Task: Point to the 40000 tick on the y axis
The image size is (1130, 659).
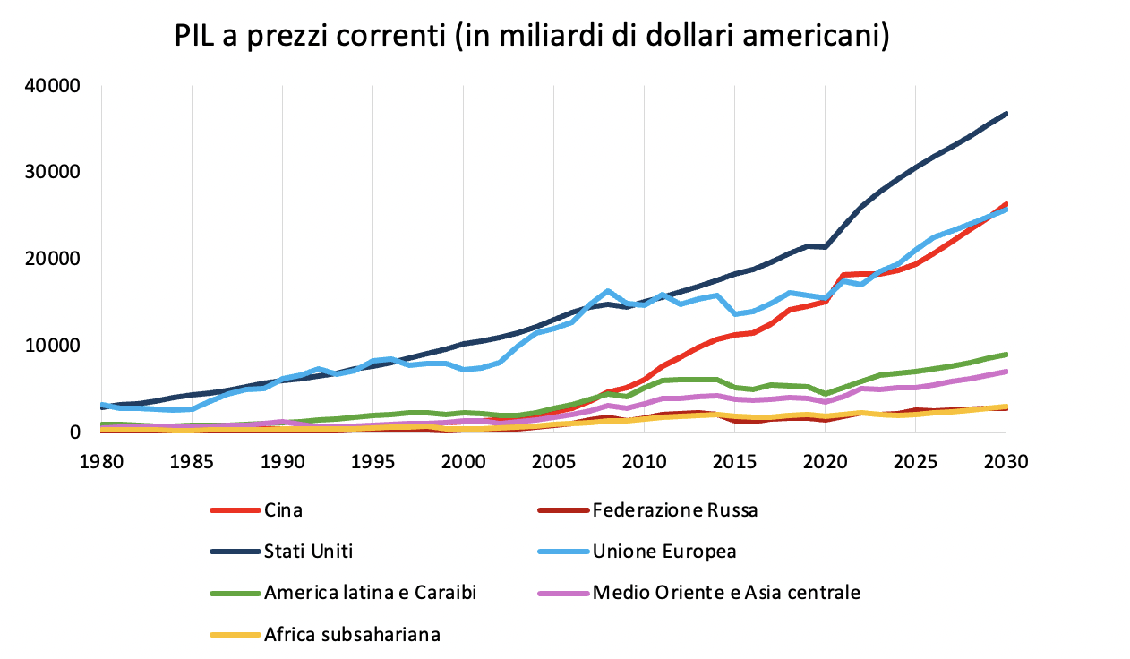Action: [56, 87]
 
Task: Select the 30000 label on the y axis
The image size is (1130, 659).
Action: [56, 173]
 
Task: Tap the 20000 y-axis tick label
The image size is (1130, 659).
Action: [56, 260]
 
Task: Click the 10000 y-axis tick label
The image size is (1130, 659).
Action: [56, 346]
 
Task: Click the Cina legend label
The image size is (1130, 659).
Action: [283, 511]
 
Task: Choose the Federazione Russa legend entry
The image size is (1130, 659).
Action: [674, 511]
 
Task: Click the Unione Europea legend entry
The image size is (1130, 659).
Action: [663, 552]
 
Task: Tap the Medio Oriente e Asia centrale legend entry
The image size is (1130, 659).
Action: [725, 593]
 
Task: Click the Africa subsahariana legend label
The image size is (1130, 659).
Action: [352, 635]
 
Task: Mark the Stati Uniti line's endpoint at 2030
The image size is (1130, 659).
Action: [1006, 114]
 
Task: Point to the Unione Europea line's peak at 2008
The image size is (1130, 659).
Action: [607, 291]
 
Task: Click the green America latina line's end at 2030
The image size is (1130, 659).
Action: [1006, 355]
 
